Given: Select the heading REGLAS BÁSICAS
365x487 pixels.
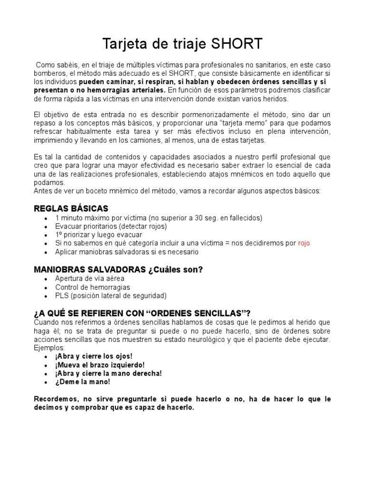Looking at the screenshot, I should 71,208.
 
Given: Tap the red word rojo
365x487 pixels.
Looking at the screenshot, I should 304,243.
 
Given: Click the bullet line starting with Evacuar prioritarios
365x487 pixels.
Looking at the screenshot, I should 111,226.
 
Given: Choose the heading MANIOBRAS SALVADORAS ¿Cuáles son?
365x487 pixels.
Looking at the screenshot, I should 118,269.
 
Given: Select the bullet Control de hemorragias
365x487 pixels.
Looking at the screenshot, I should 92,287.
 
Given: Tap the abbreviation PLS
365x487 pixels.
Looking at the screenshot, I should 62,295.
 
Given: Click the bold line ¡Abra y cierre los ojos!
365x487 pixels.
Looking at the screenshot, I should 94,356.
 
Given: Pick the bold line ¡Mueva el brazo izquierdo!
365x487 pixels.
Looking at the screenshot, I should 100,364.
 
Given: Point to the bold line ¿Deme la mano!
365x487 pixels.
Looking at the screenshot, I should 82,381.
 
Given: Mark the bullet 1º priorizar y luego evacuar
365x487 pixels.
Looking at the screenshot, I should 98,234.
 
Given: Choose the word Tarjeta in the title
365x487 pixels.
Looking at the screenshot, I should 125,44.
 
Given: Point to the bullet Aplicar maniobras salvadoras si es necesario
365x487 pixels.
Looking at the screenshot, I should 126,252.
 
